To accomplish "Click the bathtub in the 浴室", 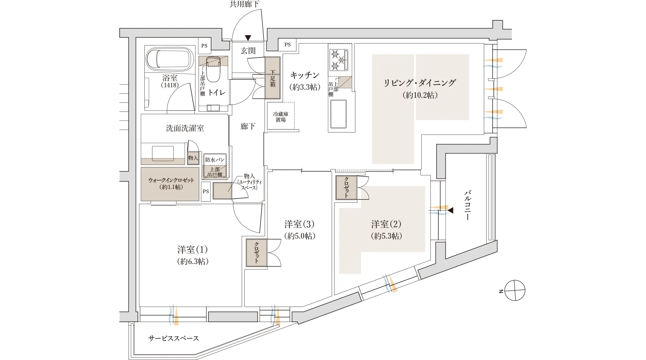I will [x=169, y=59].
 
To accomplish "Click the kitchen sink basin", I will [x=338, y=114].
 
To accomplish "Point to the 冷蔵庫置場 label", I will [x=281, y=117].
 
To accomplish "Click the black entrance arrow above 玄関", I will [x=248, y=38].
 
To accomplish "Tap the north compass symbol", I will [x=514, y=290].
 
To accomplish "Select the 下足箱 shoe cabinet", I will [x=272, y=78].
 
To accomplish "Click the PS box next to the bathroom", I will [x=204, y=46].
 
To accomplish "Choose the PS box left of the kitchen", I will [x=287, y=45].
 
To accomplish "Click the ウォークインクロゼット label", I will [x=171, y=183].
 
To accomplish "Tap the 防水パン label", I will [x=215, y=160].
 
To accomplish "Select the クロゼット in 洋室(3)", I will [x=256, y=253].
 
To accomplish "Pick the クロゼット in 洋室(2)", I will [x=346, y=187].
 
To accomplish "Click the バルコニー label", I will [x=467, y=205].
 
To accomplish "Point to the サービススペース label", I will [x=173, y=338].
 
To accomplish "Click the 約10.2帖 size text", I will [x=420, y=95].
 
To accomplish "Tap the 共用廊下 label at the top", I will [x=244, y=4].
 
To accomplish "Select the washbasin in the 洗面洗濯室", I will [x=163, y=153].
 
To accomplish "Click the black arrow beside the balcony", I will [x=450, y=210].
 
